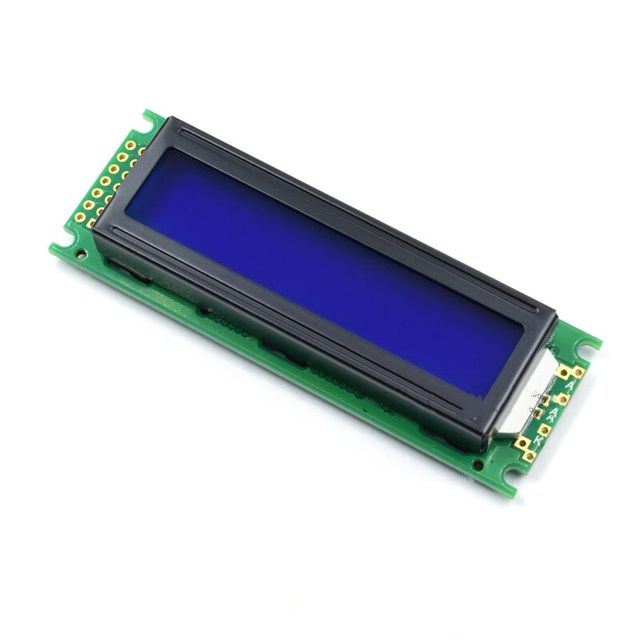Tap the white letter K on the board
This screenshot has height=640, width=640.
tap(540, 439)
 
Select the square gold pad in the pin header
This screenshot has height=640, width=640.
tap(90, 223)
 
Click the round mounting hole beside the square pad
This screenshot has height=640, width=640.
tap(81, 254)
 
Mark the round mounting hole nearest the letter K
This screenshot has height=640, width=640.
tap(478, 465)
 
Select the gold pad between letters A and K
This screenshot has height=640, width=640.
tap(544, 428)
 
